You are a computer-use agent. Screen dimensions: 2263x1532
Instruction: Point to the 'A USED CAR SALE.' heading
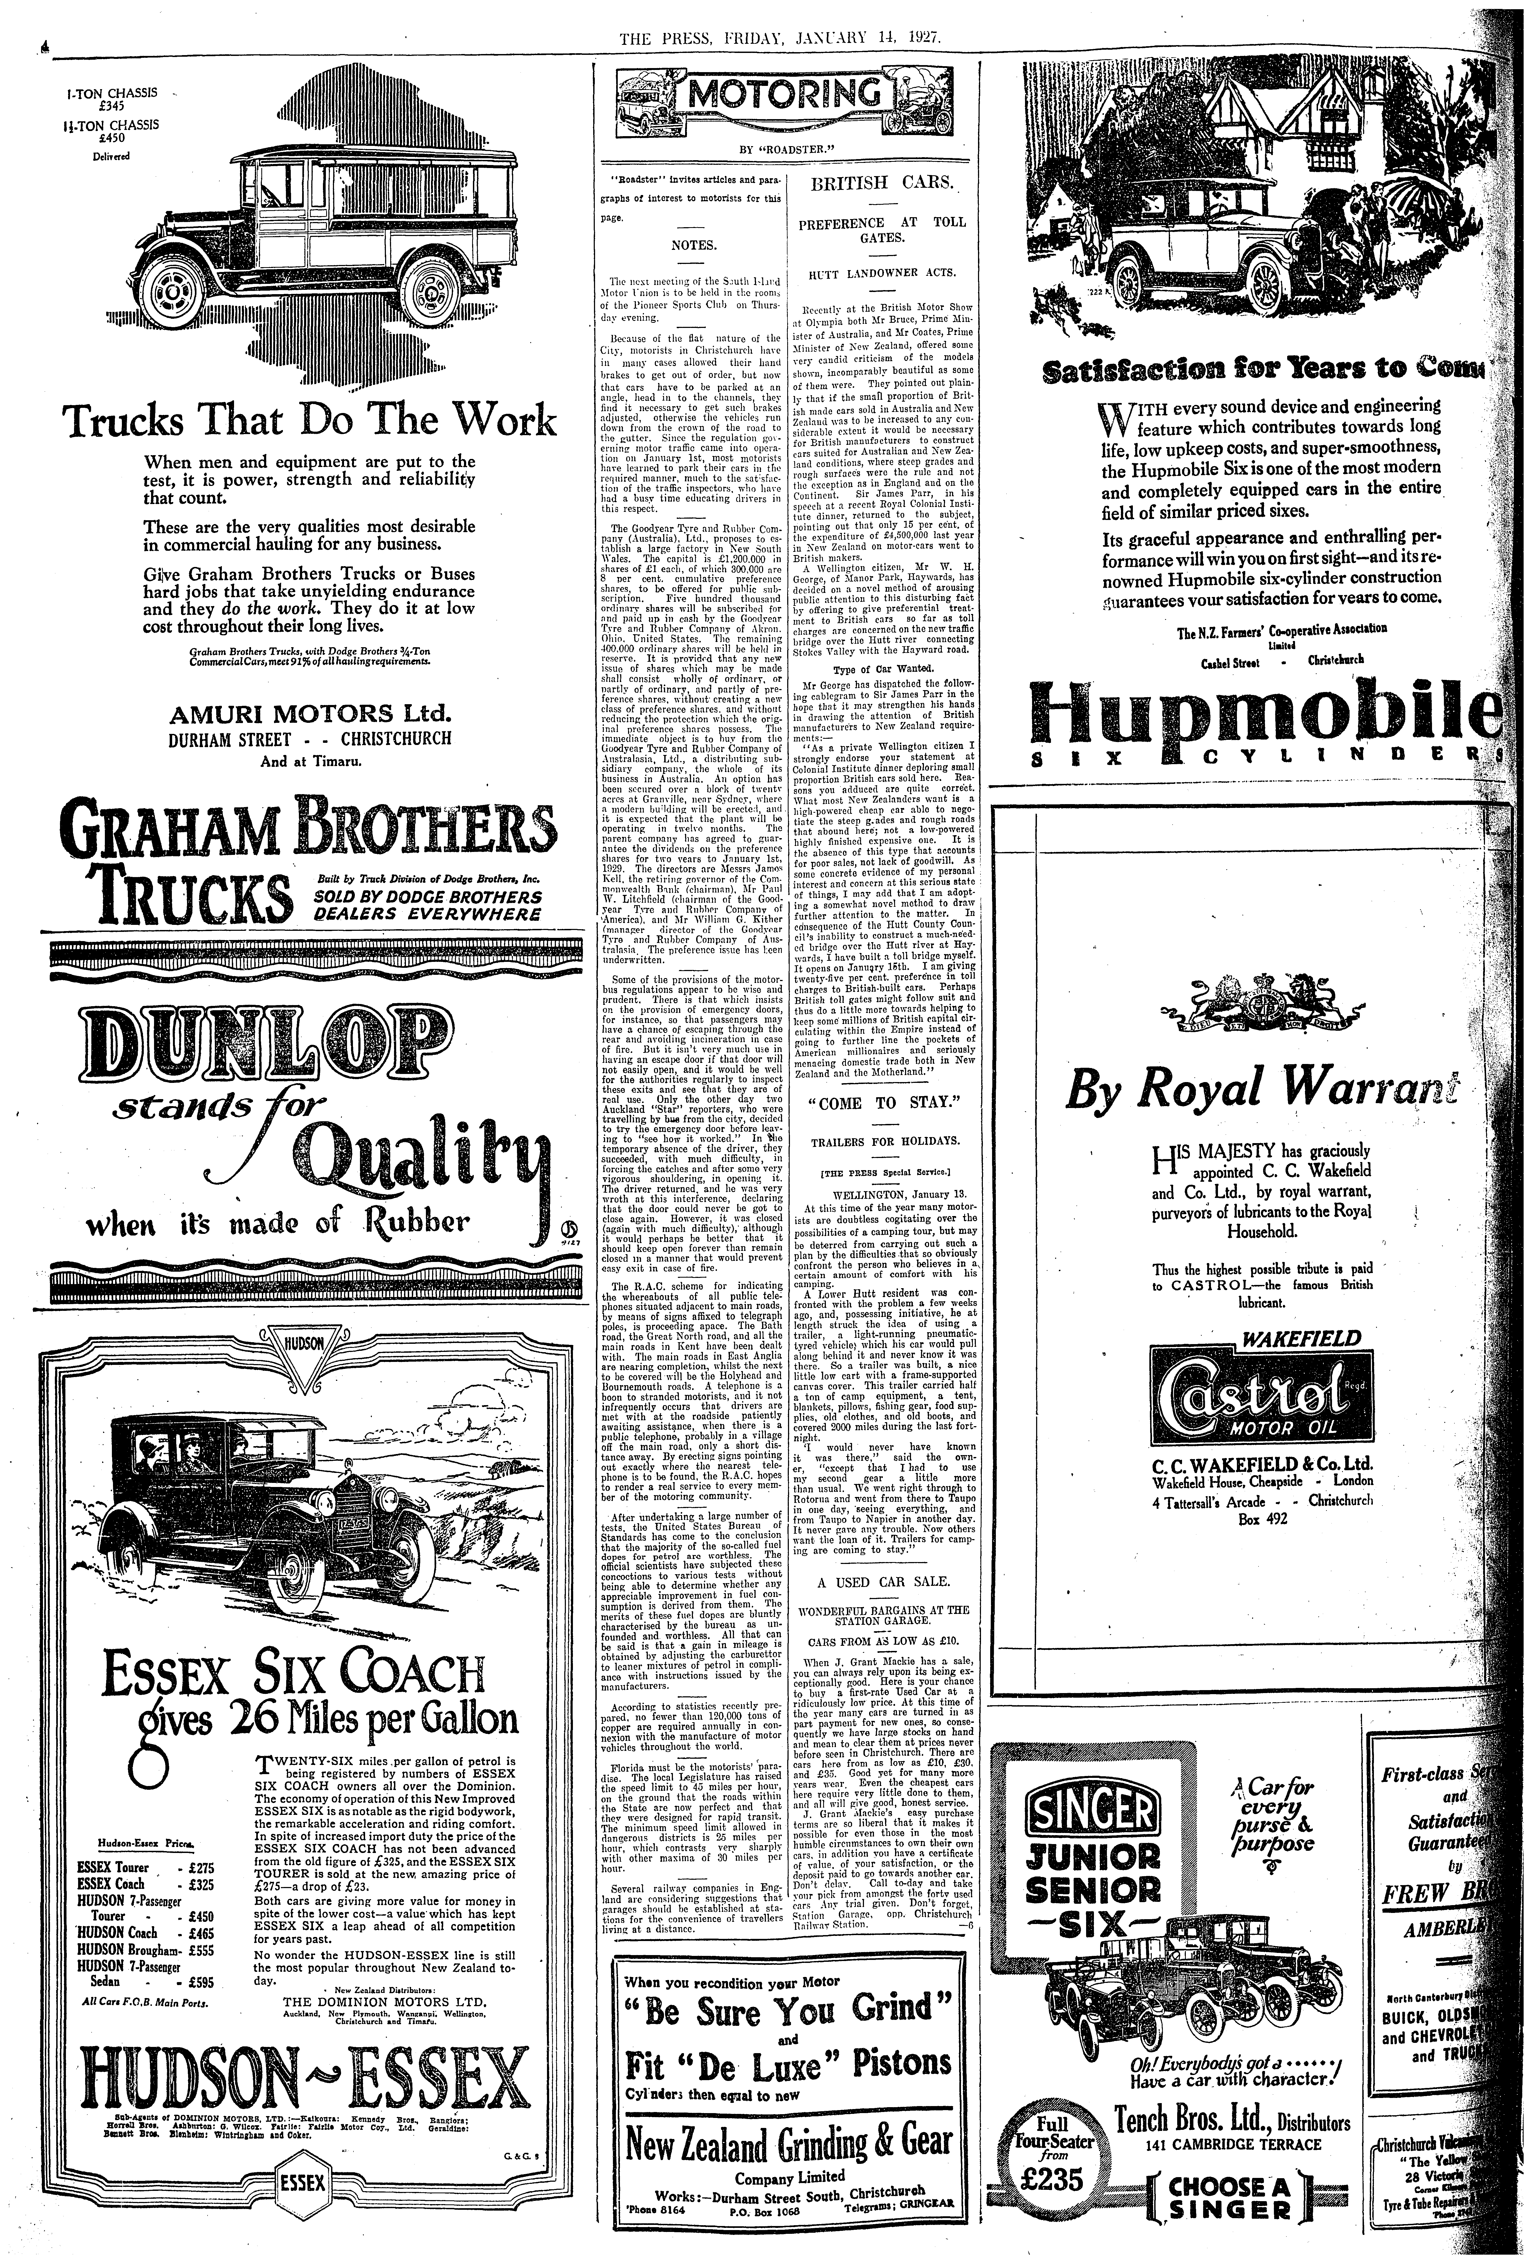pos(883,1580)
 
